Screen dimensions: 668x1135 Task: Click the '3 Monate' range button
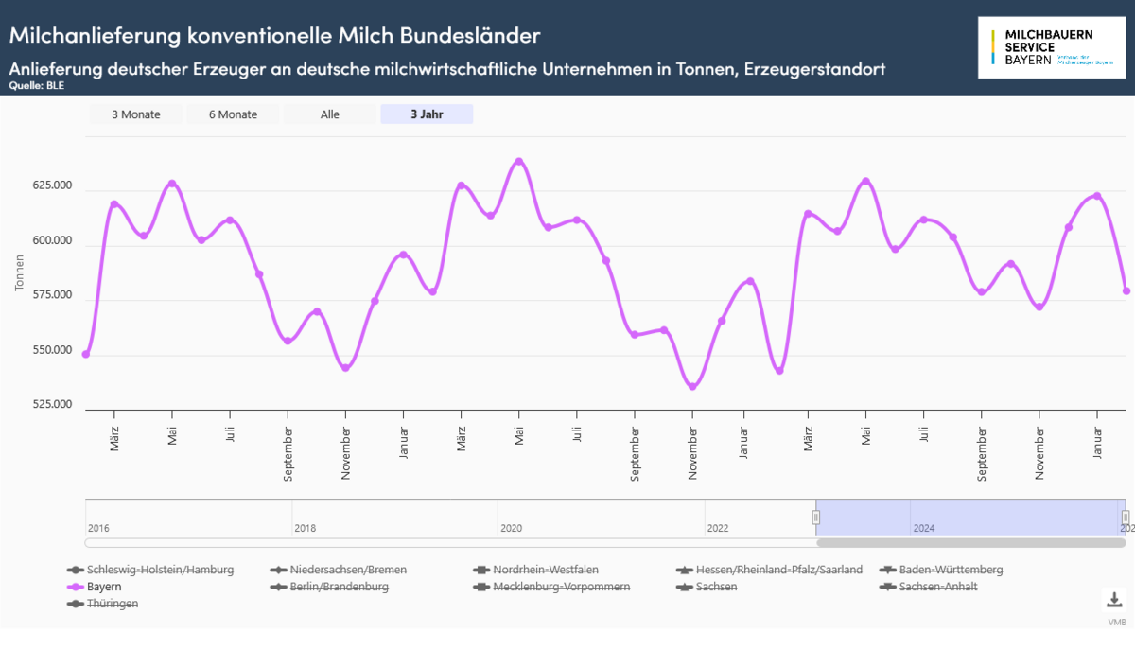(136, 114)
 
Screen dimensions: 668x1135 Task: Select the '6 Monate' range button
(233, 114)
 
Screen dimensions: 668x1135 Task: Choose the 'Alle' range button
(330, 114)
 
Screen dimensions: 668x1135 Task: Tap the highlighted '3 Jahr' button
(427, 114)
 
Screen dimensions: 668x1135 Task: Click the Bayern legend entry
(103, 587)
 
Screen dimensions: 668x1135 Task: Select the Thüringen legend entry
(112, 604)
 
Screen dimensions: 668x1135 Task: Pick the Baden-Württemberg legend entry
(951, 570)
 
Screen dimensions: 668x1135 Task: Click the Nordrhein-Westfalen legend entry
(545, 570)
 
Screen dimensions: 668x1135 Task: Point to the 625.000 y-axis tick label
(52, 186)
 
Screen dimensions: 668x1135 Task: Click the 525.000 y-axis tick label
(52, 405)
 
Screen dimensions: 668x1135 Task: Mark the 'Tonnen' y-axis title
(20, 272)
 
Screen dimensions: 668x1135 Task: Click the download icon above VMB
(1114, 600)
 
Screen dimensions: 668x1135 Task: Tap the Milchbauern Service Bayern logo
(1052, 46)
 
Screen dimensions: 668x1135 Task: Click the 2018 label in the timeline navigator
(305, 528)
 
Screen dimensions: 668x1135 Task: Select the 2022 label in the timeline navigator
(717, 528)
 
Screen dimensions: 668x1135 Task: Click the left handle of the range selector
(816, 517)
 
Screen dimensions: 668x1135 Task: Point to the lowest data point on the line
(692, 386)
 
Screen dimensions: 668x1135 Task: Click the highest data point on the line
(518, 162)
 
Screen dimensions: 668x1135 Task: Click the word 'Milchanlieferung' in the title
(95, 36)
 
